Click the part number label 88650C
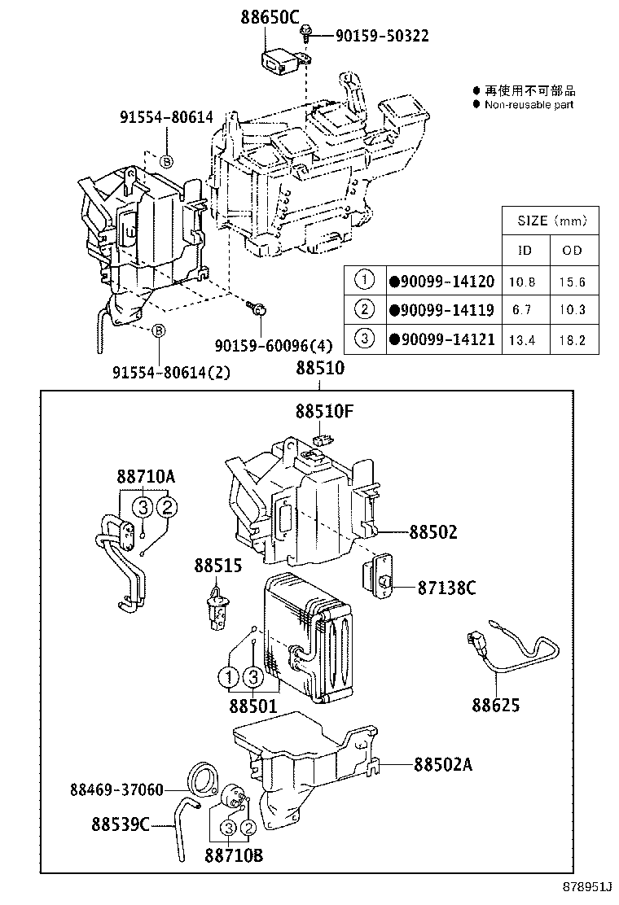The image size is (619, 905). click(270, 15)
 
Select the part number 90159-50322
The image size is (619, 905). click(382, 35)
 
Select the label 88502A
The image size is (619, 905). click(443, 764)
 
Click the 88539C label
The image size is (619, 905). click(121, 824)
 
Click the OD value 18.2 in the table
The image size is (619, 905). click(572, 339)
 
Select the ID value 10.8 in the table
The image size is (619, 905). click(521, 282)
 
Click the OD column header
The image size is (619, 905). click(572, 251)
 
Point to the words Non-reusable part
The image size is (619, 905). click(529, 104)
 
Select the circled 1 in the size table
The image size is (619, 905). click(363, 282)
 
